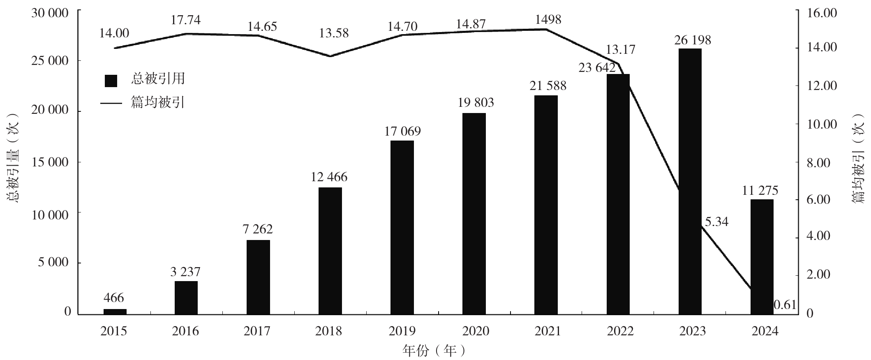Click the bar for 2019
(x=402, y=227)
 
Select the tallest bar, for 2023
(x=690, y=181)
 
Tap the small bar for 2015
(x=115, y=312)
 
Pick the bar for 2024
(x=762, y=257)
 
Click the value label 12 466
(x=329, y=177)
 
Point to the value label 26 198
(x=693, y=40)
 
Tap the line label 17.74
(x=186, y=20)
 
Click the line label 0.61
(x=785, y=305)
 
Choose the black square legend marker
(x=111, y=81)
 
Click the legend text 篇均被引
(x=157, y=102)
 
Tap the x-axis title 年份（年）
(x=435, y=351)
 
